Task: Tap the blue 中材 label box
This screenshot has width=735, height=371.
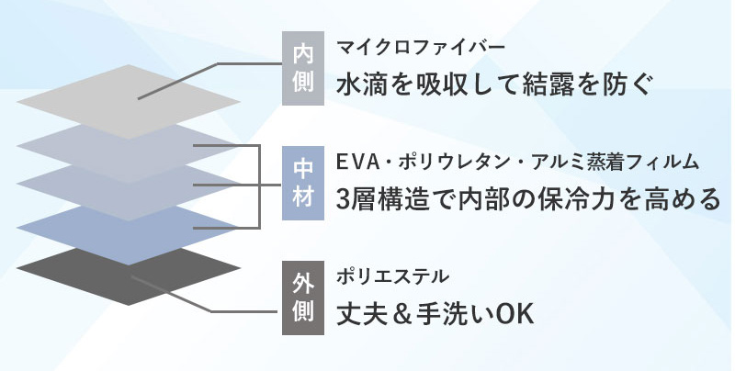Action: click(x=301, y=182)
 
